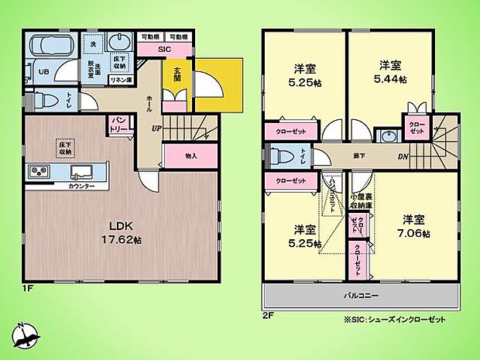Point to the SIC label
click(163, 50)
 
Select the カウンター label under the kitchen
click(81, 187)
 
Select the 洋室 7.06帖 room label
click(415, 225)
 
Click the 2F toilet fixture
click(277, 155)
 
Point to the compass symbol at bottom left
click(25, 334)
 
